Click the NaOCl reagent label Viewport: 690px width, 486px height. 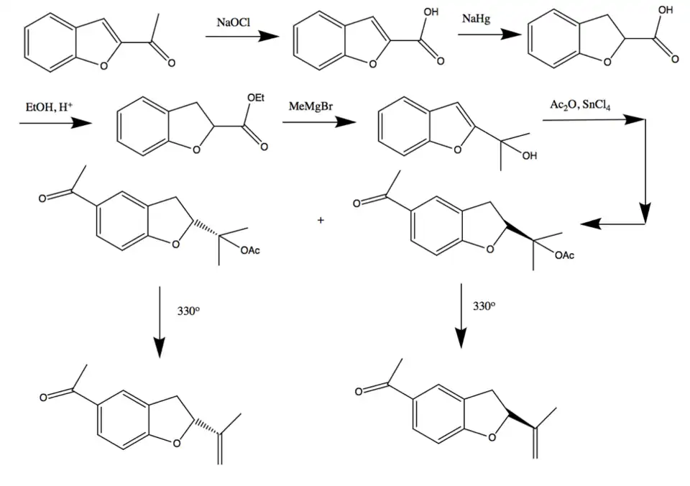pos(233,22)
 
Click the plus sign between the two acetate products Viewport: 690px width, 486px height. pos(321,220)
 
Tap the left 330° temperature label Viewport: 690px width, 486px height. pos(188,312)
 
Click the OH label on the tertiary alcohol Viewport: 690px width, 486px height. pos(530,157)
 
